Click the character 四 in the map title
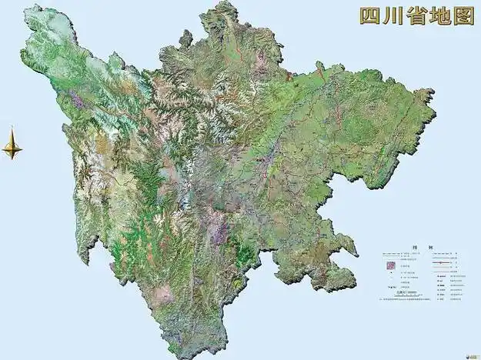[x=370, y=15]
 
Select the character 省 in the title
[x=421, y=15]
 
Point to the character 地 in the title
[x=444, y=15]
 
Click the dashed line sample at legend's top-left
[x=392, y=254]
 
